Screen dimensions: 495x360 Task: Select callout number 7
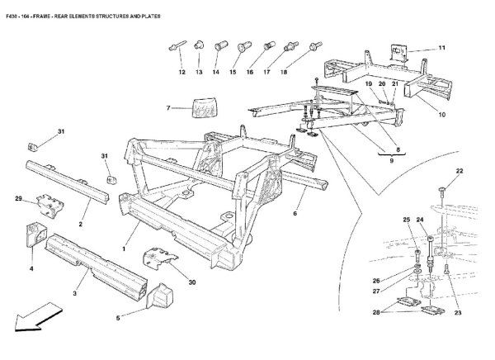168,108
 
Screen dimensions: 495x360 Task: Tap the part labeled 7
205,107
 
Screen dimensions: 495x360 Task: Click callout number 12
181,72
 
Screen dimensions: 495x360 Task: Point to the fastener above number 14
221,45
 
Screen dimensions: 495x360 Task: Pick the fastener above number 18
316,46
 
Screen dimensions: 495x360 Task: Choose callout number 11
441,48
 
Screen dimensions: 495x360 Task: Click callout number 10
441,115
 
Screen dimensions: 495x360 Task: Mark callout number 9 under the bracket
391,161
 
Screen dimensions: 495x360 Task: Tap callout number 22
460,171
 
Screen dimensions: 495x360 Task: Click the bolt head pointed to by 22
442,189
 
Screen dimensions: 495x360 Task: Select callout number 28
376,313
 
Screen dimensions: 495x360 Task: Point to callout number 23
458,313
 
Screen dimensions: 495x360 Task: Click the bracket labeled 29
50,205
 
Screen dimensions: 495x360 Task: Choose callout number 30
192,282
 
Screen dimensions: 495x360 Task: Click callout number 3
74,293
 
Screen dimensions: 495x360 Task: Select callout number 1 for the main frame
124,249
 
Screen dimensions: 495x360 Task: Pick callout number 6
295,213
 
